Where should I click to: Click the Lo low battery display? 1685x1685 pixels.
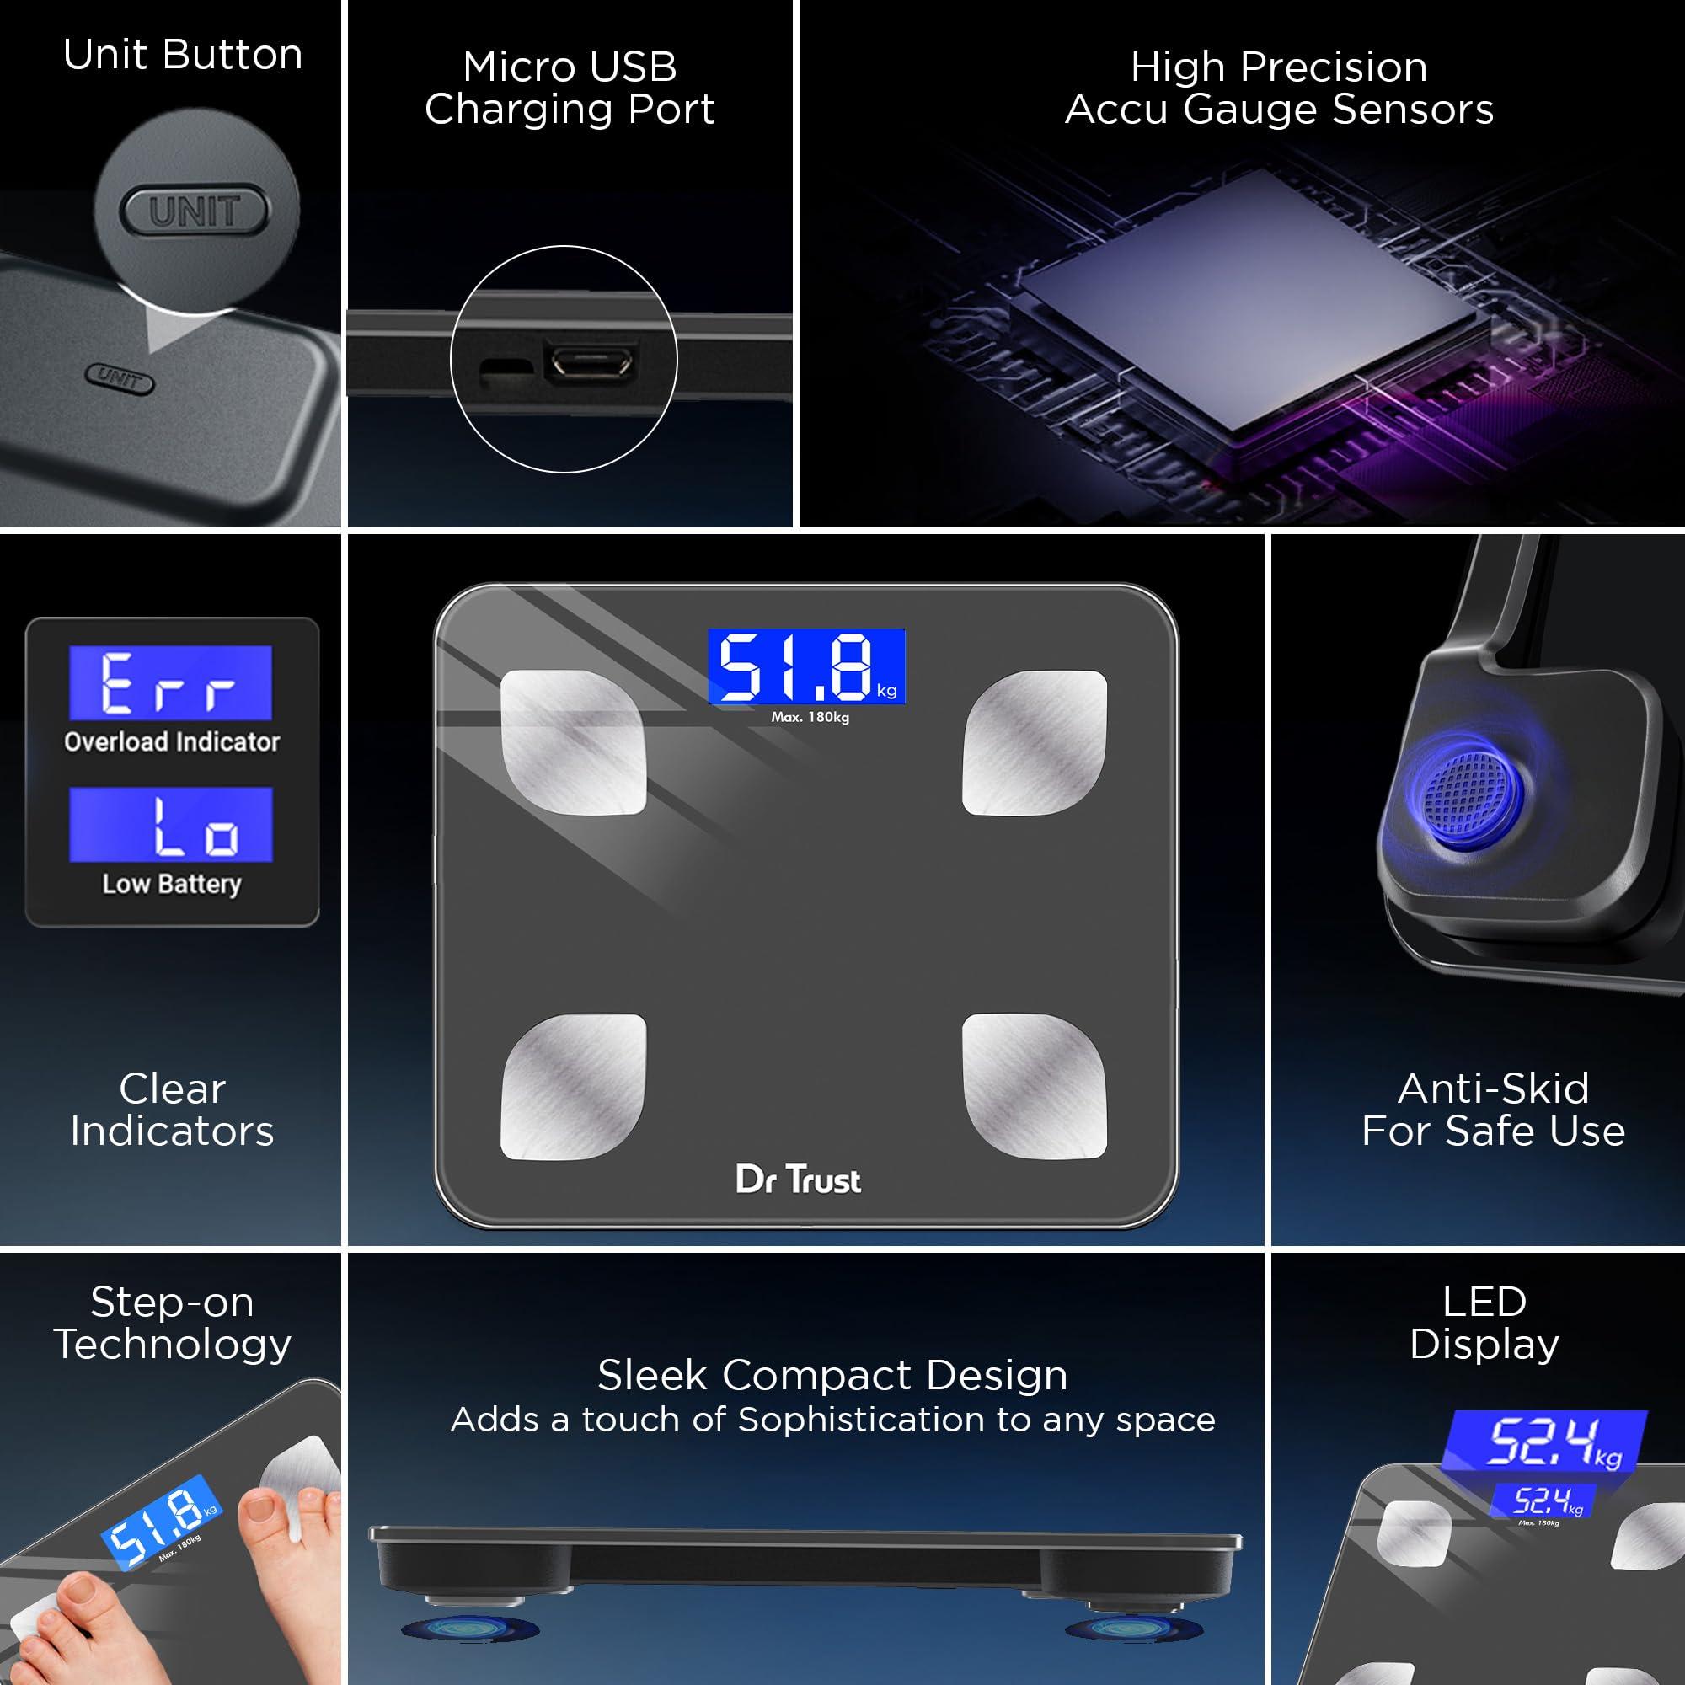[x=171, y=824]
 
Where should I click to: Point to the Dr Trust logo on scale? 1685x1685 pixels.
[x=798, y=1180]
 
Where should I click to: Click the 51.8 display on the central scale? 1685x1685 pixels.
[x=806, y=666]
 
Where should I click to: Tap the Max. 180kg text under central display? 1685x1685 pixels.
[x=810, y=717]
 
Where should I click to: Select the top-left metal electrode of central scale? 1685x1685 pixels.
[x=573, y=742]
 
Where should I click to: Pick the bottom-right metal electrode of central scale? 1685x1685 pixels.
[x=1035, y=1087]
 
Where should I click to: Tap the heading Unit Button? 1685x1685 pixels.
[x=182, y=54]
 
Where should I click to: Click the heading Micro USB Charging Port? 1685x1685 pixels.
[x=570, y=88]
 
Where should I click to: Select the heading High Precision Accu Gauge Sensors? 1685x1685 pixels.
[x=1279, y=88]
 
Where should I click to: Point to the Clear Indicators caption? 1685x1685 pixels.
[x=172, y=1110]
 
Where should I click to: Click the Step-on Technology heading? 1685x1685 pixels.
[x=172, y=1322]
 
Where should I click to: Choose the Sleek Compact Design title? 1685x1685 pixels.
[x=832, y=1376]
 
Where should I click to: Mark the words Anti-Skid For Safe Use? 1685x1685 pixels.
[x=1493, y=1110]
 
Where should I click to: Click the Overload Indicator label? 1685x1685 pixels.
[x=172, y=741]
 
